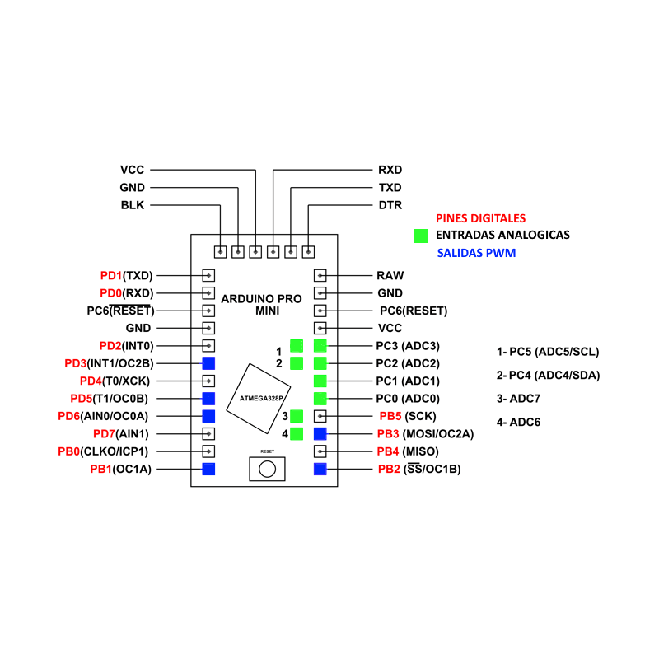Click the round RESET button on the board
tap(267, 469)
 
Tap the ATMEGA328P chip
tap(259, 396)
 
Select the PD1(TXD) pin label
tap(127, 275)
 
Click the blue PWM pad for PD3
tap(209, 362)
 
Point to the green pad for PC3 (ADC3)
tap(320, 345)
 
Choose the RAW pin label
tap(389, 275)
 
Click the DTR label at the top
tap(390, 205)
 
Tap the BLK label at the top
tap(132, 205)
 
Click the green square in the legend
tap(421, 236)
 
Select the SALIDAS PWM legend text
tap(477, 253)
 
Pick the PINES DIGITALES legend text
tap(480, 218)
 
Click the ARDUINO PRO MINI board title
tap(263, 304)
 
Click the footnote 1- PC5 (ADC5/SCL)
tap(548, 352)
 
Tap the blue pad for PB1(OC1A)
tap(209, 469)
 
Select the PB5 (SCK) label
tap(408, 416)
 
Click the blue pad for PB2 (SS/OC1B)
tap(320, 469)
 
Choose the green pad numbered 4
tap(297, 433)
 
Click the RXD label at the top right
tap(390, 170)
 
